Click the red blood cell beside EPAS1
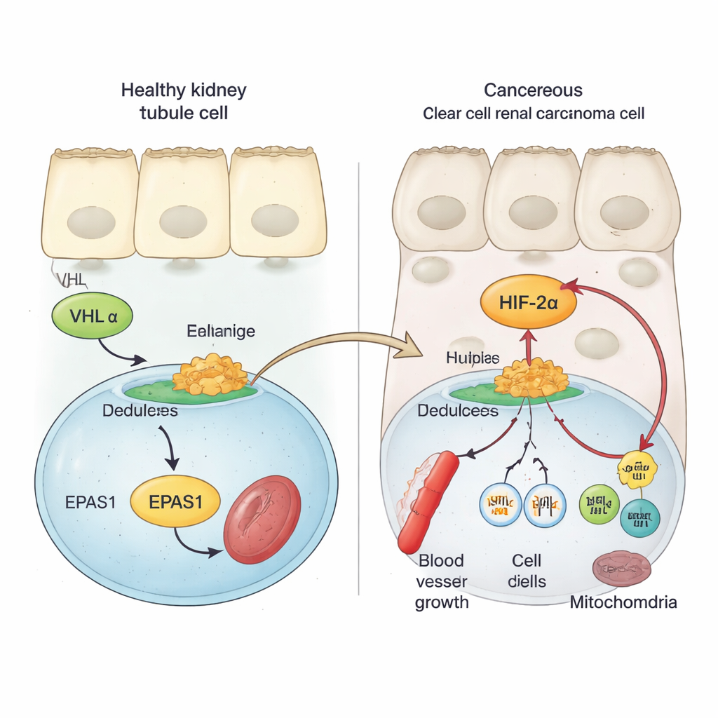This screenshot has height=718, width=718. click(x=262, y=519)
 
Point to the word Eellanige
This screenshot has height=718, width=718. click(x=221, y=330)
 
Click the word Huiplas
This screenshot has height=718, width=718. click(x=473, y=358)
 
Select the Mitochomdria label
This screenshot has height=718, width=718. click(x=623, y=602)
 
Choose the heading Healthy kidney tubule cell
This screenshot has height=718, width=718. click(x=184, y=101)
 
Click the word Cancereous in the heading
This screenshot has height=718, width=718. click(x=533, y=90)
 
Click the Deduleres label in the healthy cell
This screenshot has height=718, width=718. click(x=140, y=410)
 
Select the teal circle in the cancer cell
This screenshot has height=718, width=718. click(x=640, y=519)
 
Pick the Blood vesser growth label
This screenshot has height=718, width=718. click(x=442, y=581)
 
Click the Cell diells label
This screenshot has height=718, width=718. click(x=527, y=571)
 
